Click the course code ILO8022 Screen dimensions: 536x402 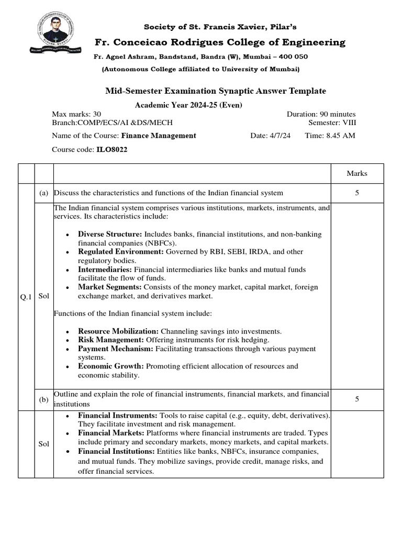coord(111,149)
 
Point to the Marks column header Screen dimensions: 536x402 coord(357,174)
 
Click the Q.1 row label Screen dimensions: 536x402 coord(26,296)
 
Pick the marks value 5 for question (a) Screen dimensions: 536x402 coord(357,193)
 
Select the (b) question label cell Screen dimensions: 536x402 coord(43,399)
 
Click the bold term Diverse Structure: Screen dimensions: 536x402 coord(110,234)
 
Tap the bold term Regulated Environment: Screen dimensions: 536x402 coord(121,252)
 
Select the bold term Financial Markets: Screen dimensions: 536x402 coord(111,433)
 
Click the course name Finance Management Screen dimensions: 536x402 coord(159,136)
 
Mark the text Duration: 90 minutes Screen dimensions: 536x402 coord(321,114)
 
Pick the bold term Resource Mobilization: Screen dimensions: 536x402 coord(118,331)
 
